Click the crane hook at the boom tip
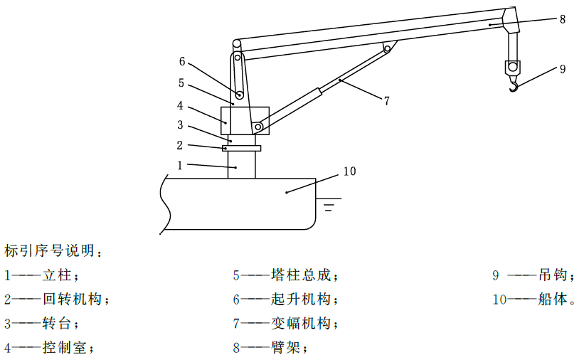pos(514,88)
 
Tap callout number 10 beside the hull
pos(349,171)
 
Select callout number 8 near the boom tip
pos(563,19)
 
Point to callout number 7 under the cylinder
pos(386,100)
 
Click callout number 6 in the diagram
pos(182,61)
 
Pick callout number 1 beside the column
pos(180,165)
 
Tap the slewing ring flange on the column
pos(241,148)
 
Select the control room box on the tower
pos(245,121)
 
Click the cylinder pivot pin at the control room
pos(258,127)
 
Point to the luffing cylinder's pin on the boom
pos(388,48)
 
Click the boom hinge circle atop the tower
pos(236,44)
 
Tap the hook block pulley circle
pos(513,67)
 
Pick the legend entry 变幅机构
pos(285,323)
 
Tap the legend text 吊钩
pos(553,275)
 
